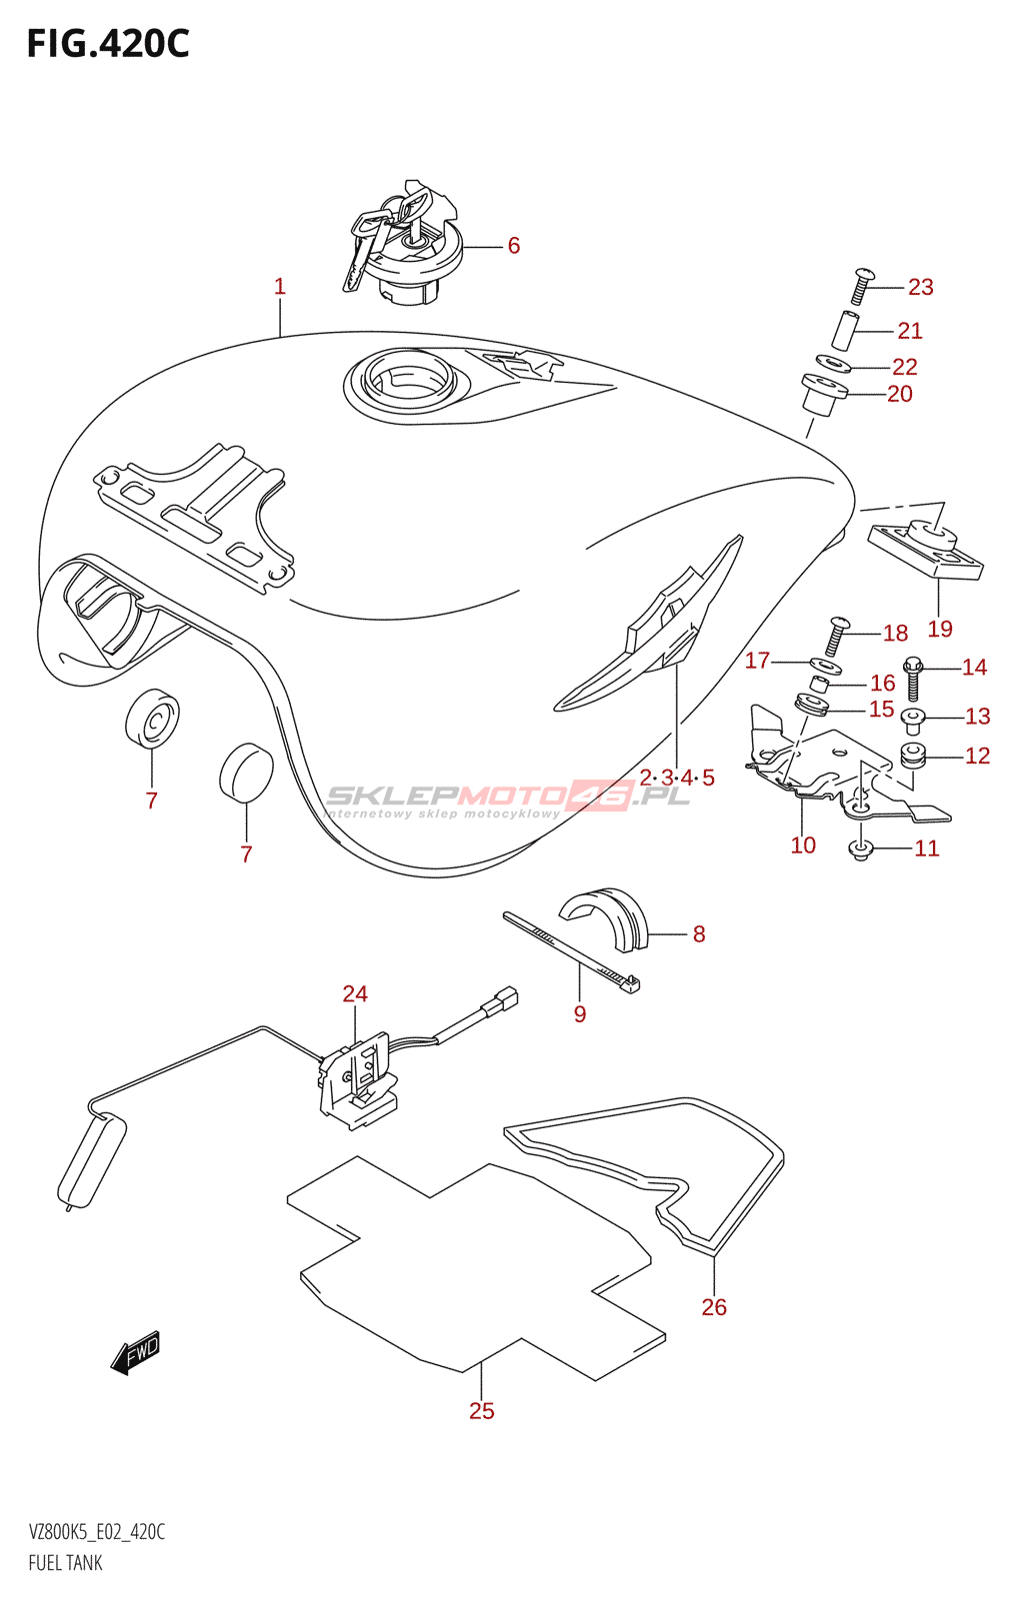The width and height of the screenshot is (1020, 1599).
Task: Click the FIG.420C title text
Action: pos(107,44)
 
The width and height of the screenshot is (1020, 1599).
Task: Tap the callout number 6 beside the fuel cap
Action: pos(513,246)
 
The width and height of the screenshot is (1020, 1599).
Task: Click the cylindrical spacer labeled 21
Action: pos(846,331)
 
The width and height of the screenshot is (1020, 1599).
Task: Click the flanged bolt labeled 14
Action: pos(913,677)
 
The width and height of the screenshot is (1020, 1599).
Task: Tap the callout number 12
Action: pos(977,756)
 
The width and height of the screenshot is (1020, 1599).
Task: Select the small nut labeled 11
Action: pos(861,849)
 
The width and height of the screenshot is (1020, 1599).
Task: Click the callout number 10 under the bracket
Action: pos(803,845)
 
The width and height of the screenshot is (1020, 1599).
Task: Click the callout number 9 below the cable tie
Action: pos(580,1014)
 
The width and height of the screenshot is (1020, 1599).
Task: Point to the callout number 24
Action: pos(355,993)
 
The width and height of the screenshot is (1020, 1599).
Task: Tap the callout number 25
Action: pos(482,1410)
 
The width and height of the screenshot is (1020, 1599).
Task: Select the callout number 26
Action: pos(714,1306)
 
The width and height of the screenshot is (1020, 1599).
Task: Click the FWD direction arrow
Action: pos(136,1353)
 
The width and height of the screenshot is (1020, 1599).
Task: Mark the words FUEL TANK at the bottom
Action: pos(65,1563)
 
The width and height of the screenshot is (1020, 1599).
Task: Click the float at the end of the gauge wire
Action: pos(92,1159)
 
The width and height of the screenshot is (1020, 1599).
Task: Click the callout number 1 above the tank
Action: pos(280,287)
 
